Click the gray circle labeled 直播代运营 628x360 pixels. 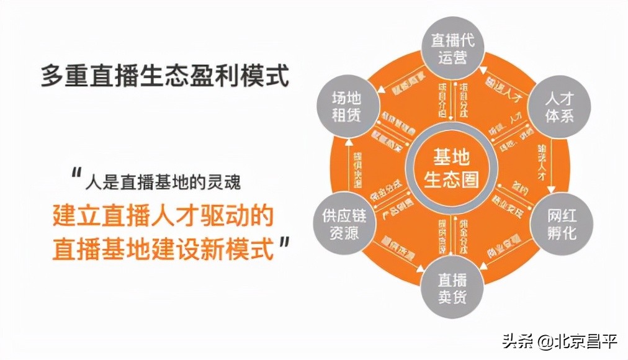[x=453, y=48]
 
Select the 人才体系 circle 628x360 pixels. [x=558, y=107]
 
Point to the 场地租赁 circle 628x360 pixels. [x=346, y=107]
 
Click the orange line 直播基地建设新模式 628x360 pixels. [x=163, y=248]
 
